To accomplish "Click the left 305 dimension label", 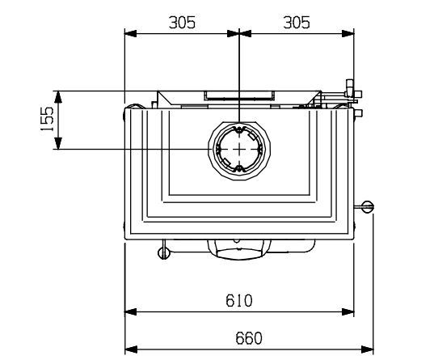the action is [182, 23].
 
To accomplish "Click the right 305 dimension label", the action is [297, 23].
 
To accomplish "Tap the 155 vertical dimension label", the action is [47, 119].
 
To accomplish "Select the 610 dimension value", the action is [239, 300].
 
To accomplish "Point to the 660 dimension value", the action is [249, 338].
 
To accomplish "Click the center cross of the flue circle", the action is [239, 149].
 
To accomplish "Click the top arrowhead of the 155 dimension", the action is [58, 97].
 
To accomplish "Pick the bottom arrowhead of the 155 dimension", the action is [58, 143].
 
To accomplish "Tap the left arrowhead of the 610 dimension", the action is [131, 311].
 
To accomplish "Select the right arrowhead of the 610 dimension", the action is [348, 311].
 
